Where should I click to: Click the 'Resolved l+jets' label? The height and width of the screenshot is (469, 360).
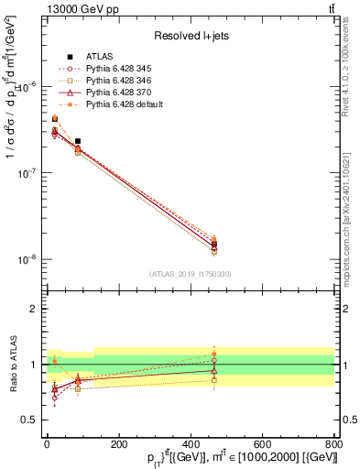pyautogui.click(x=191, y=36)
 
